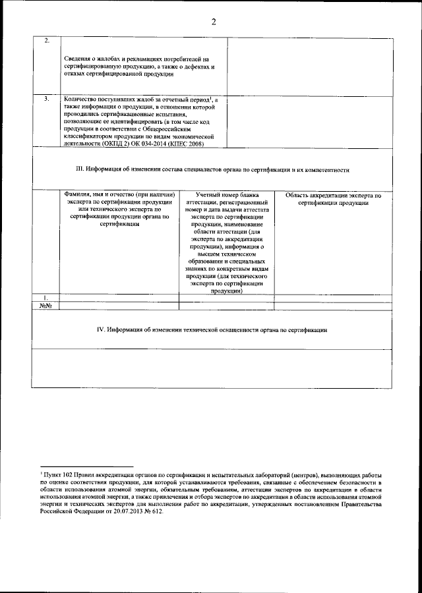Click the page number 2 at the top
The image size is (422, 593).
(x=214, y=22)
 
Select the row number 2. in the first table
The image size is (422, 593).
(x=45, y=42)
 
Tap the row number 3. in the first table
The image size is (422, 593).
(x=45, y=99)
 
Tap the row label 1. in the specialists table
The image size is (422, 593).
(x=45, y=298)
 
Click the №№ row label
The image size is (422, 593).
(x=45, y=306)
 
